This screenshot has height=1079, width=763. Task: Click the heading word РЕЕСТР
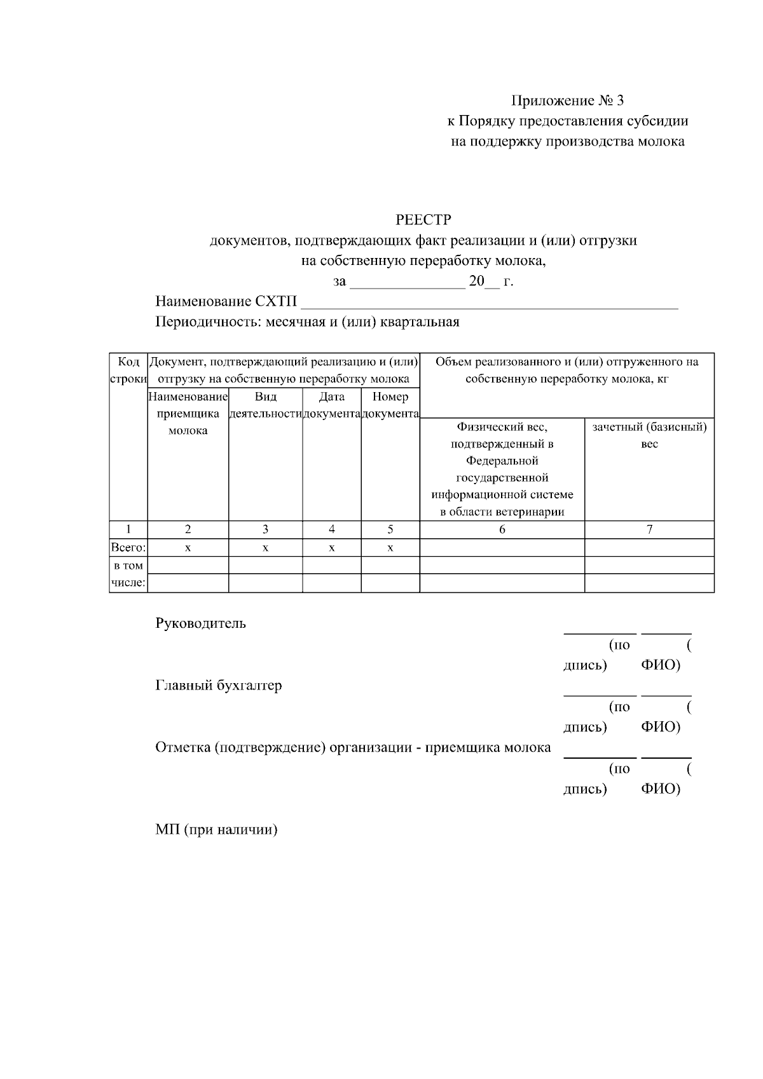tap(423, 220)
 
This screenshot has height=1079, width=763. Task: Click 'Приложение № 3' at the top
tap(568, 100)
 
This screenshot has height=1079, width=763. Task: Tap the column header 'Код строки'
tap(128, 370)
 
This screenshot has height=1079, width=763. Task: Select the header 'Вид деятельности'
tap(265, 405)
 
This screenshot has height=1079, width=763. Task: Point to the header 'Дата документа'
tap(331, 405)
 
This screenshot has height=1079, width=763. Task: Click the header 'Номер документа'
tap(390, 405)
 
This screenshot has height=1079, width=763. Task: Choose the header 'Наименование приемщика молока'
tap(188, 413)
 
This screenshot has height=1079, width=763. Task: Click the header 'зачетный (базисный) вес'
tap(649, 435)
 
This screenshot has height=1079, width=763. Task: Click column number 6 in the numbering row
tap(502, 529)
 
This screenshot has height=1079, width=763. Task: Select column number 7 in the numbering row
tap(649, 529)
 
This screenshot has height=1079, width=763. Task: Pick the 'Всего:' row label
tap(128, 548)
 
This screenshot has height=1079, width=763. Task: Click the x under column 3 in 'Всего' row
tap(265, 548)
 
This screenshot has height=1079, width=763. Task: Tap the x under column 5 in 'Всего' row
tap(390, 548)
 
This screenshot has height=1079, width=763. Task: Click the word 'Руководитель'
tap(200, 623)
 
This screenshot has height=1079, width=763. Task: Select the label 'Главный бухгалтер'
tap(218, 686)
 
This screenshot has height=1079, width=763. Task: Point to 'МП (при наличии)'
tap(216, 830)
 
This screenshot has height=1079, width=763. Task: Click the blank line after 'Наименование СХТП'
tap(490, 302)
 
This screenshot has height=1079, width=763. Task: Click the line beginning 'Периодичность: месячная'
tap(307, 322)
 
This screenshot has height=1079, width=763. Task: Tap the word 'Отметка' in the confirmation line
tap(182, 747)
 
